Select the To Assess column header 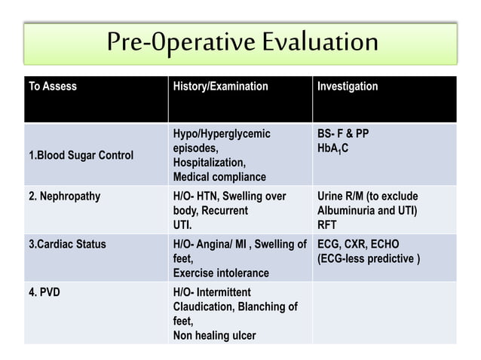coord(53,87)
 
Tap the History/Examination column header coord(221,87)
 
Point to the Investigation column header coord(348,87)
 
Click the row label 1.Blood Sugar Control coord(81,156)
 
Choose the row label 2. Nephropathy coord(64,197)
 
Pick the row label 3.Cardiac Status coord(67,244)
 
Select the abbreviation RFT coord(328,224)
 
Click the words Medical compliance coord(219,177)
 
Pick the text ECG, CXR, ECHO coord(358,244)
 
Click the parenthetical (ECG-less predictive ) coord(369,258)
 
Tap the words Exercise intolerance coord(221,273)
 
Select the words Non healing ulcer coord(215,335)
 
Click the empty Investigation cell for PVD coord(384,313)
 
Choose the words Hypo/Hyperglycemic coord(222,134)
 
